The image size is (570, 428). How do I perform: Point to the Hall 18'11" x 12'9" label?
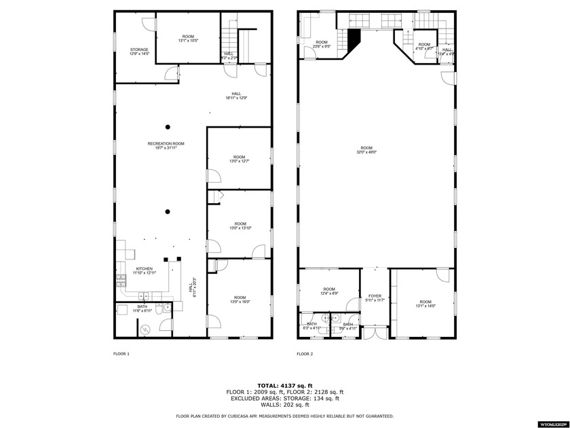click(236, 96)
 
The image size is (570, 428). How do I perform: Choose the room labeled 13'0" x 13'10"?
click(240, 226)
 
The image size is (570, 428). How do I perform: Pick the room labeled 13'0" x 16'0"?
click(240, 299)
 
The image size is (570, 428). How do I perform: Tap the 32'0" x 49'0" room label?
click(366, 150)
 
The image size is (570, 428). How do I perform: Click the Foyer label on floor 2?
click(375, 298)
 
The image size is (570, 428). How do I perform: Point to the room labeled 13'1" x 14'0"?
click(425, 304)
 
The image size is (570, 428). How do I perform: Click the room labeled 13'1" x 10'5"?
click(188, 39)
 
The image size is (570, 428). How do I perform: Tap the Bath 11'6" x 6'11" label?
click(142, 308)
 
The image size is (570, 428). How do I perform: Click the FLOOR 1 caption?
click(121, 354)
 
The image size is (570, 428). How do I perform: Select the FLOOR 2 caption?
click(305, 354)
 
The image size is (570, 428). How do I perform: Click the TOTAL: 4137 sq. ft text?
click(284, 385)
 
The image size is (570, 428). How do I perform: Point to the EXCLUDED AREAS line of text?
click(284, 398)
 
